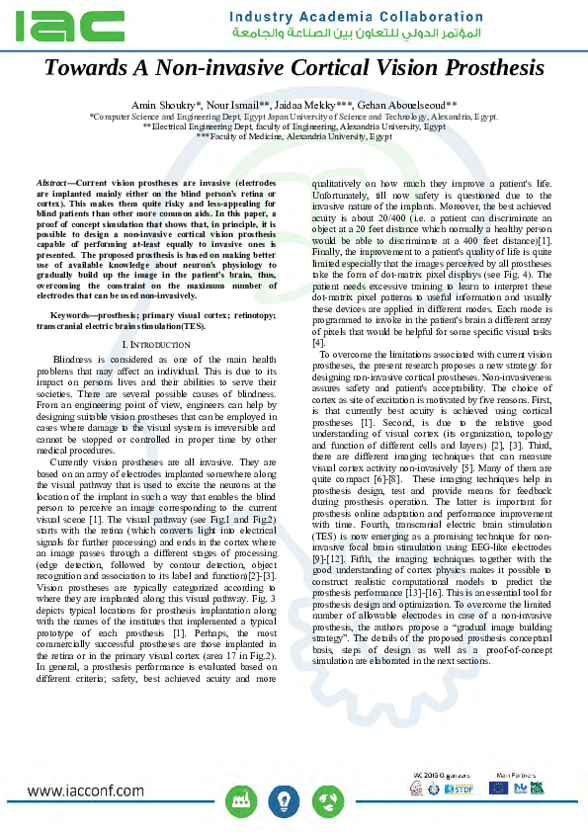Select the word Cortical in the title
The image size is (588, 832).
(x=296, y=69)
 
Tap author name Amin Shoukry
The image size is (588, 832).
(x=165, y=105)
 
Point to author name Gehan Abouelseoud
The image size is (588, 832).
(x=407, y=105)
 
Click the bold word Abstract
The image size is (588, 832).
(x=54, y=185)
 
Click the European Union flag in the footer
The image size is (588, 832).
(x=498, y=788)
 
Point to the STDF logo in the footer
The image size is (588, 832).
(x=463, y=790)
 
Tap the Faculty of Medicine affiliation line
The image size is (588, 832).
(x=294, y=137)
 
